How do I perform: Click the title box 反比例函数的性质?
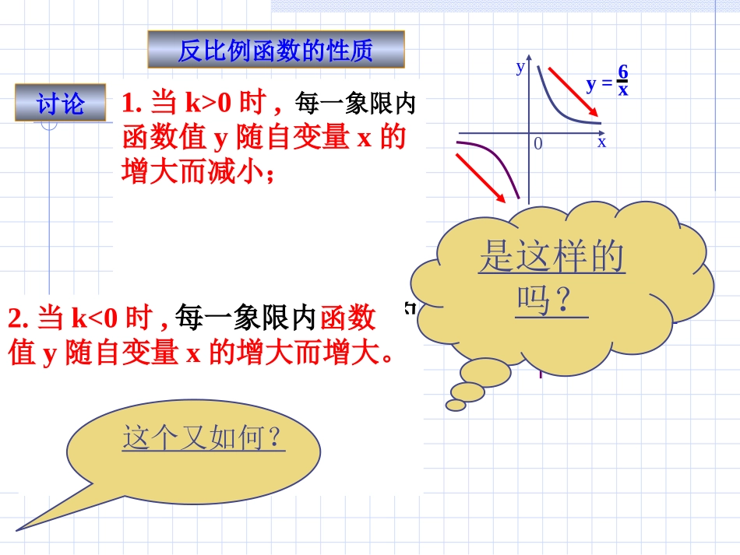pos(276,51)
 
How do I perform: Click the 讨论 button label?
pos(60,103)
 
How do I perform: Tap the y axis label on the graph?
pos(520,67)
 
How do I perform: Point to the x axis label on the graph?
pos(601,142)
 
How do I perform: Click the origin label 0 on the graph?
pos(537,144)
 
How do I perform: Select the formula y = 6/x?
pos(608,82)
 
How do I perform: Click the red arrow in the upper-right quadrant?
pos(573,92)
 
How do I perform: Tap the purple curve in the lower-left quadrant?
pos(499,161)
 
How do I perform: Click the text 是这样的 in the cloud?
pos(551,258)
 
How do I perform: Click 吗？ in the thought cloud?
pos(551,300)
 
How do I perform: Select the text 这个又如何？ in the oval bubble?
pos(204,438)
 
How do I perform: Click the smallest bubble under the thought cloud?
pos(456,405)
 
